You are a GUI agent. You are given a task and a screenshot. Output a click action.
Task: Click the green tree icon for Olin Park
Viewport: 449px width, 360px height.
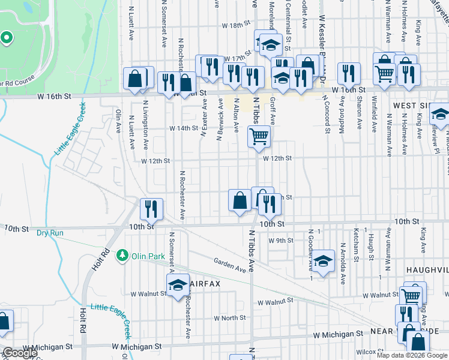pyautogui.click(x=123, y=256)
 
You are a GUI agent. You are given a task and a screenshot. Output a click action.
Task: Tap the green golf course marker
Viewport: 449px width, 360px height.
pyautogui.click(x=6, y=39)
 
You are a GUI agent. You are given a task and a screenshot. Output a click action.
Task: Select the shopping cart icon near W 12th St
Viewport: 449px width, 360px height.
pyautogui.click(x=259, y=136)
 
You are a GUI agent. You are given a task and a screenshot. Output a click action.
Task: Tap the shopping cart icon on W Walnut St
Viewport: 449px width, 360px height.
pyautogui.click(x=411, y=295)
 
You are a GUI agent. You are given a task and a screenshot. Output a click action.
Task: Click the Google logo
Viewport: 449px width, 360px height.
pyautogui.click(x=20, y=353)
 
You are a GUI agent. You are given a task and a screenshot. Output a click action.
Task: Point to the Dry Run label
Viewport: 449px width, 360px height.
pyautogui.click(x=50, y=233)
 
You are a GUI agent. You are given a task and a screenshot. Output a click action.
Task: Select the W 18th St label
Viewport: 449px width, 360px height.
pyautogui.click(x=235, y=26)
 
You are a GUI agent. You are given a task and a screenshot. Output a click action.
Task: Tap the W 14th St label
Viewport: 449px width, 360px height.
pyautogui.click(x=183, y=128)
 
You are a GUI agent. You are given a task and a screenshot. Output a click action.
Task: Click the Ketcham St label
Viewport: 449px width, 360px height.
pyautogui.click(x=357, y=251)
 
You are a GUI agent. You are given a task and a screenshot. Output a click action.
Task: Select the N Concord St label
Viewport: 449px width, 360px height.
pyautogui.click(x=328, y=113)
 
